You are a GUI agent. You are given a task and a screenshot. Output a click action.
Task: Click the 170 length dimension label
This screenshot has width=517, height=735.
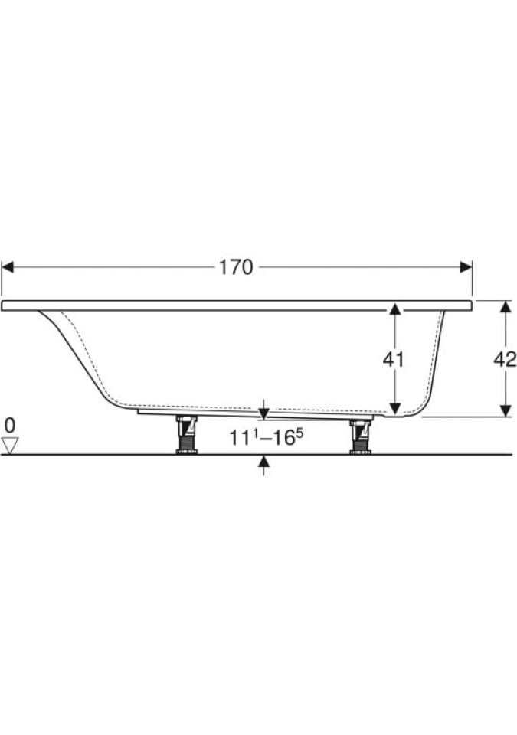click(x=236, y=267)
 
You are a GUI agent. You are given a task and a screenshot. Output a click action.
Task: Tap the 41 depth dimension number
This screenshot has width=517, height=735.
click(x=393, y=360)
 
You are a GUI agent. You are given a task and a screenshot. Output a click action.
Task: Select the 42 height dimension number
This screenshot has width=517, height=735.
click(x=505, y=360)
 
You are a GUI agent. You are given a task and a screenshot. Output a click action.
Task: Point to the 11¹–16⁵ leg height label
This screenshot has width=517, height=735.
click(x=266, y=437)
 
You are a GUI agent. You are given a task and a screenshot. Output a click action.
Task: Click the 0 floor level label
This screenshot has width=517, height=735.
click(x=10, y=426)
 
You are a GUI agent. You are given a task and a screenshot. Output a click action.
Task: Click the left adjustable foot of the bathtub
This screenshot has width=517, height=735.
click(x=186, y=435)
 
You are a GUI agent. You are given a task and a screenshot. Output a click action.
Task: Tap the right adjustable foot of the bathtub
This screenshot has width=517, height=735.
click(x=360, y=437)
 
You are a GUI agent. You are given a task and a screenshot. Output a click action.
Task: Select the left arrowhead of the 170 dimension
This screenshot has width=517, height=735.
click(x=8, y=267)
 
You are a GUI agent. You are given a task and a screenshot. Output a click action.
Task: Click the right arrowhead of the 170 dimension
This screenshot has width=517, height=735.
click(x=466, y=267)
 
